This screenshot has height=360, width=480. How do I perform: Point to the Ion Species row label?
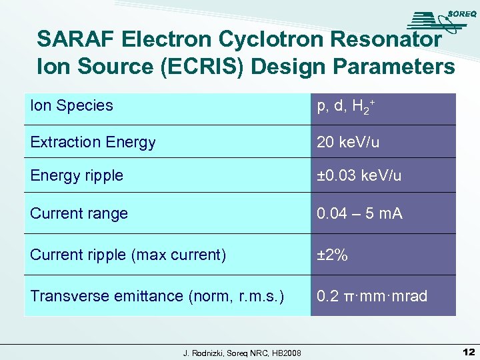pos(72,105)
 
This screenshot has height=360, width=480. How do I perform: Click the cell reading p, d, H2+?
pos(345,106)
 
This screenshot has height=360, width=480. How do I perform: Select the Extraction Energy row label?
pos(93,142)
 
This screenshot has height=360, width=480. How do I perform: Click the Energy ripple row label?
pos(77,175)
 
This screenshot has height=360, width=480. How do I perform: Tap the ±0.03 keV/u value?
pos(359,175)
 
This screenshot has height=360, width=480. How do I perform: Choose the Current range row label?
pos(79,213)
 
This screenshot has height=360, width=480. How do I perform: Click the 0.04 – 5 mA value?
pos(360,213)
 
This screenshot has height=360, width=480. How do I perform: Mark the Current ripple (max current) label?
pos(128,255)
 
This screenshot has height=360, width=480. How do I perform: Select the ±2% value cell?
pos(332,255)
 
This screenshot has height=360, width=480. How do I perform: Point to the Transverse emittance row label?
pos(157,296)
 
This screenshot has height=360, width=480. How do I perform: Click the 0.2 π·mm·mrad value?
pos(372,296)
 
